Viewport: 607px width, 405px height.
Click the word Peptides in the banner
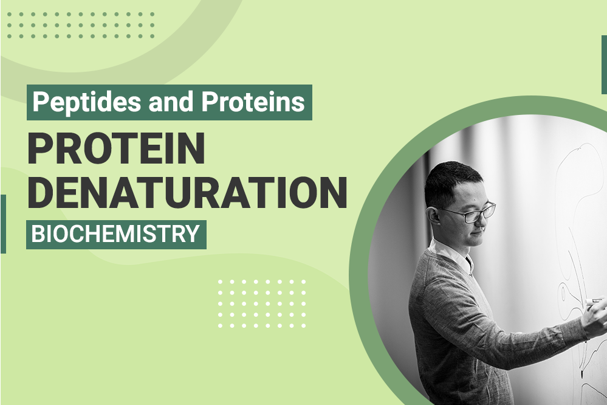(x=86, y=102)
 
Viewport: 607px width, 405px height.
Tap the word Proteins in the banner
(x=253, y=102)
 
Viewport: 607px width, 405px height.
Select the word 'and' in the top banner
(x=171, y=102)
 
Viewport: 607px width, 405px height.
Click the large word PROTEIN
(x=116, y=148)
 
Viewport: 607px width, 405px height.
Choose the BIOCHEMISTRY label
(x=115, y=234)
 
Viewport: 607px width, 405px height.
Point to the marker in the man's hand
(x=594, y=301)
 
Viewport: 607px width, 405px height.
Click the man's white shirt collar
(x=451, y=255)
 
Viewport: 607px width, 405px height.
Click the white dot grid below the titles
(x=262, y=304)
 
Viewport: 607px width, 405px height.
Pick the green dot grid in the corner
(x=81, y=25)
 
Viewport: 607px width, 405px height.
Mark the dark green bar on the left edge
(x=3, y=224)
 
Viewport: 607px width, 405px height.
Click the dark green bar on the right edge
(x=604, y=64)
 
